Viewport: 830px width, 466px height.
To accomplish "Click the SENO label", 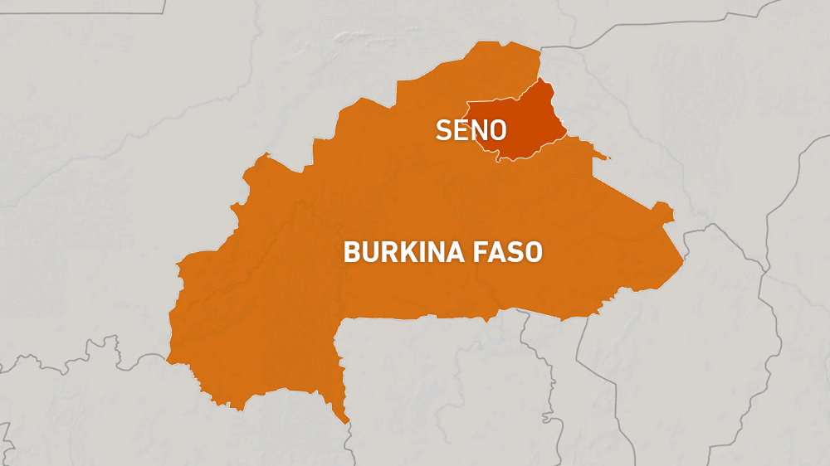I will [471, 130].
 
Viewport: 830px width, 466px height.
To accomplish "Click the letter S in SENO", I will [444, 130].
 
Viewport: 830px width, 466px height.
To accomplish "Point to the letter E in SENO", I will [461, 130].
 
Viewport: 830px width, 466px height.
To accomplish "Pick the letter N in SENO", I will [479, 130].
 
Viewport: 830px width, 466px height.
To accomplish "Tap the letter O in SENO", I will [498, 130].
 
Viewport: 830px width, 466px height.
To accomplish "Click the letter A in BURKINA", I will [451, 251].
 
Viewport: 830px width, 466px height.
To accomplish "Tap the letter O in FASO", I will [533, 251].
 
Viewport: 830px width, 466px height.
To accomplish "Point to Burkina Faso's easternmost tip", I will [683, 264].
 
